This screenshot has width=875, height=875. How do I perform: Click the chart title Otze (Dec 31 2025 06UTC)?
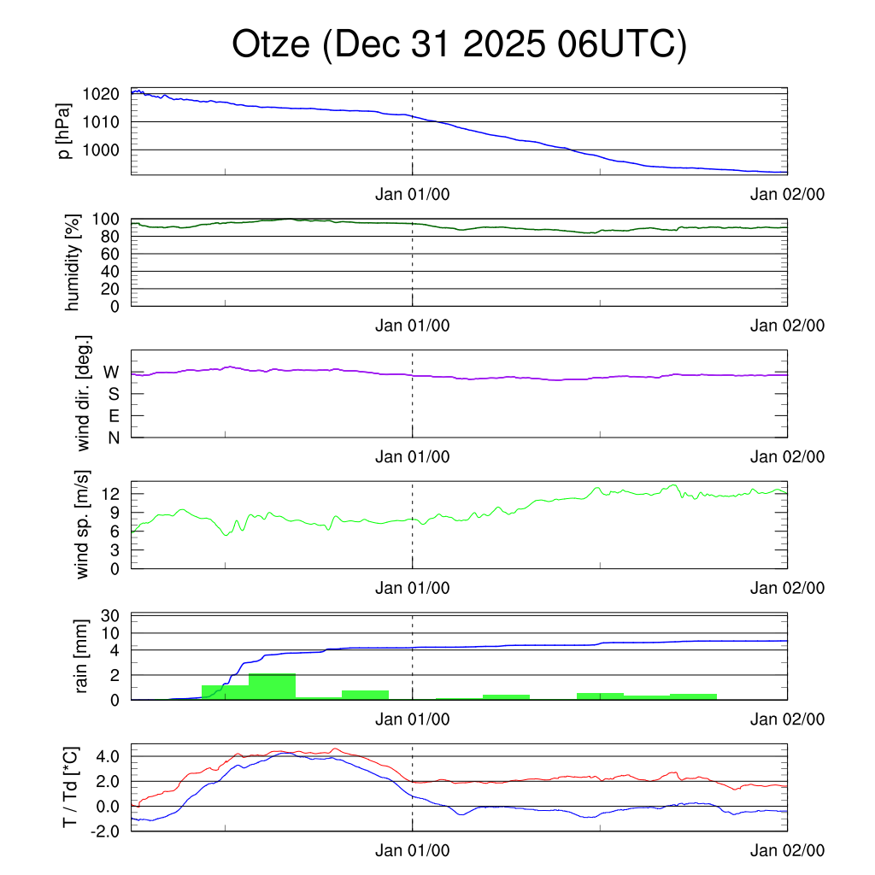[x=459, y=45]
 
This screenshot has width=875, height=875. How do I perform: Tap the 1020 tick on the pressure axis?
[x=101, y=94]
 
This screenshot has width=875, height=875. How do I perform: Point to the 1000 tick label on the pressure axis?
[x=101, y=150]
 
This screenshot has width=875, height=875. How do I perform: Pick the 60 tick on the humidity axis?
[x=115, y=254]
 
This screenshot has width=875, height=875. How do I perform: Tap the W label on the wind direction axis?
[x=111, y=372]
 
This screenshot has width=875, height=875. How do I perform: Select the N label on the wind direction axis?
[x=113, y=437]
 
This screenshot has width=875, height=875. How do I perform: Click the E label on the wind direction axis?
[x=114, y=416]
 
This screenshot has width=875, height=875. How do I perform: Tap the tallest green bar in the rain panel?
[x=272, y=686]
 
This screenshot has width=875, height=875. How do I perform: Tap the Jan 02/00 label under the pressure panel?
[x=787, y=194]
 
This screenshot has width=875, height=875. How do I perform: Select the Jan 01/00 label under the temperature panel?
[x=412, y=850]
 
